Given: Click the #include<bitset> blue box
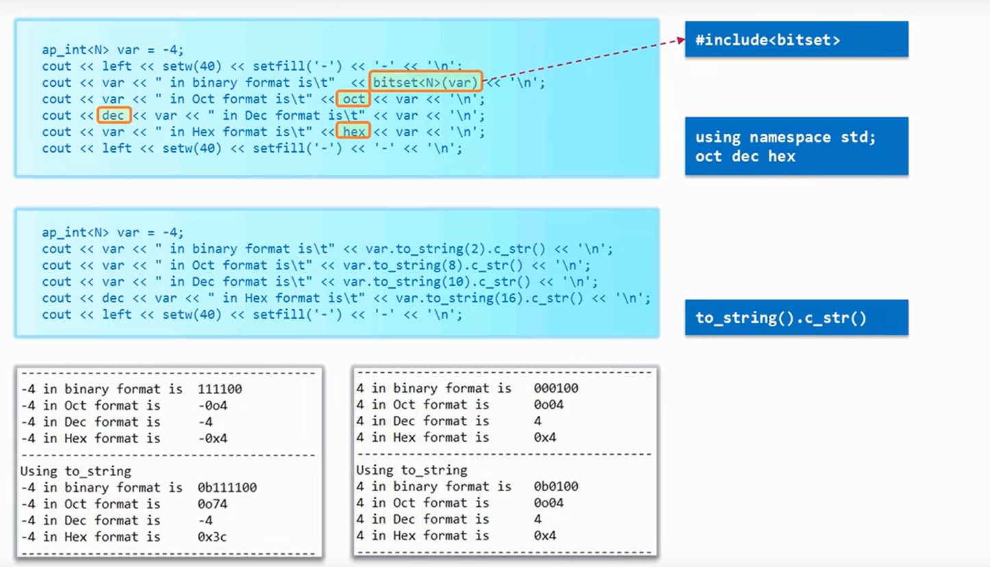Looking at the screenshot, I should tap(796, 39).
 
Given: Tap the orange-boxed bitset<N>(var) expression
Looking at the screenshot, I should tap(425, 83).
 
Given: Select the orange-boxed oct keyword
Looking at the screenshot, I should tap(354, 99).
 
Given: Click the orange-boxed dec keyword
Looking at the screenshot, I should tap(114, 116).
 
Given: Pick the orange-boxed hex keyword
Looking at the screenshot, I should tap(354, 131).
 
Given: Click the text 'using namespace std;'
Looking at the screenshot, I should tap(785, 137).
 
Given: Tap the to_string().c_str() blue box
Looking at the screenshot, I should tap(796, 317).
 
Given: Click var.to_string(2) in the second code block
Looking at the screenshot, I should tap(388, 249).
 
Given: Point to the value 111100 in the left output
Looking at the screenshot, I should tap(219, 389).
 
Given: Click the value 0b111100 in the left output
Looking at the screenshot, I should tap(227, 488).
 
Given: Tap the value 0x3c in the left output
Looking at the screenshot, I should tap(212, 537).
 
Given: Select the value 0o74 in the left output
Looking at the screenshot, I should tap(212, 504).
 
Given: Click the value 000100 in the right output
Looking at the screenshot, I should tap(556, 388).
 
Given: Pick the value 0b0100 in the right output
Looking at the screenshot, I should tap(556, 486).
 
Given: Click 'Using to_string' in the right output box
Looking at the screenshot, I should tap(411, 470).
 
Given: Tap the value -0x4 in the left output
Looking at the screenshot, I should tap(212, 438).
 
